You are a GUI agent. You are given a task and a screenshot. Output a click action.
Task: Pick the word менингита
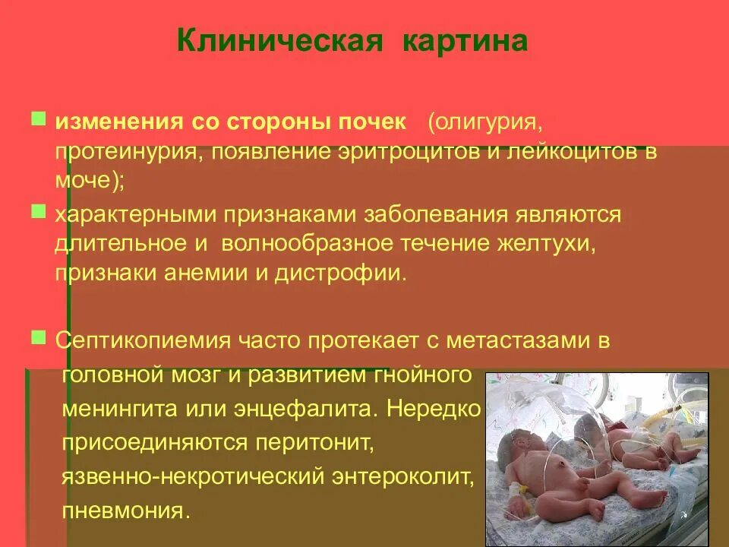click(119, 409)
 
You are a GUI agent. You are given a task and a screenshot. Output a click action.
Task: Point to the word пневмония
click(124, 509)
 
